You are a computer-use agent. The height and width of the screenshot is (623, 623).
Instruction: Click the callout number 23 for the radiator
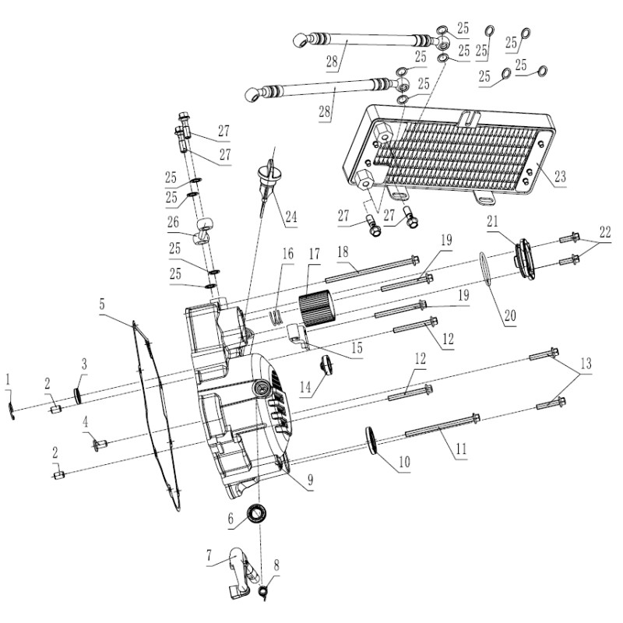[560, 176]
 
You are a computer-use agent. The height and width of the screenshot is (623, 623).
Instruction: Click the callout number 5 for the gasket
[102, 304]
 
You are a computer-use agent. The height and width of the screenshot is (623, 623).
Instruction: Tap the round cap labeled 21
[525, 259]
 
